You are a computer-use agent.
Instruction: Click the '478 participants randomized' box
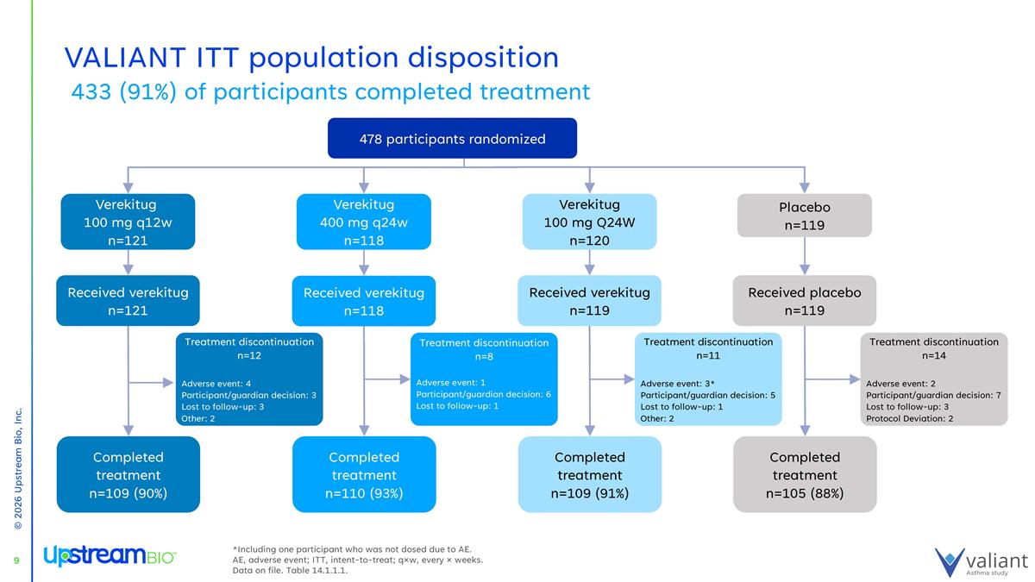pos(452,138)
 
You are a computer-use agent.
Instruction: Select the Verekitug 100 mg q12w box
pos(128,222)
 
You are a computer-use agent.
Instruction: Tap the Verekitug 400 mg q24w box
pos(364,222)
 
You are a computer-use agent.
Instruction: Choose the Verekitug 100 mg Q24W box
pos(590,222)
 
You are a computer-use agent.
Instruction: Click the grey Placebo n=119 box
pos(805,216)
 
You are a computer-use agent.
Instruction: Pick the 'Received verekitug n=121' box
pos(128,301)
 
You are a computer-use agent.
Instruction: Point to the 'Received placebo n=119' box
pos(805,301)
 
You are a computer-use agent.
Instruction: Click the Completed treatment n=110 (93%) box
pos(364,475)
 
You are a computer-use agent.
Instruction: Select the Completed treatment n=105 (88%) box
pos(805,475)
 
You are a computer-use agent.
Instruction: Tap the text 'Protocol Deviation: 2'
pos(909,419)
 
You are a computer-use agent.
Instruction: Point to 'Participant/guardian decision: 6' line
pos(483,394)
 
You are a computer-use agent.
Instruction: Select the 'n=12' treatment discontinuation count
pos(249,355)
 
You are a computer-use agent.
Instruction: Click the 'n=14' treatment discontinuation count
pos(934,355)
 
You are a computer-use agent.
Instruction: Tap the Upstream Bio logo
pos(110,556)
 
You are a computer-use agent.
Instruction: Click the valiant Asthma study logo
pos(982,562)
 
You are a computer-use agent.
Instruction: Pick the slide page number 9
pos(16,561)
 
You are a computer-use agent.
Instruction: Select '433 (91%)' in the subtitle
pos(124,92)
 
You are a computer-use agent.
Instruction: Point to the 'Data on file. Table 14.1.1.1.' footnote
pos(290,570)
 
